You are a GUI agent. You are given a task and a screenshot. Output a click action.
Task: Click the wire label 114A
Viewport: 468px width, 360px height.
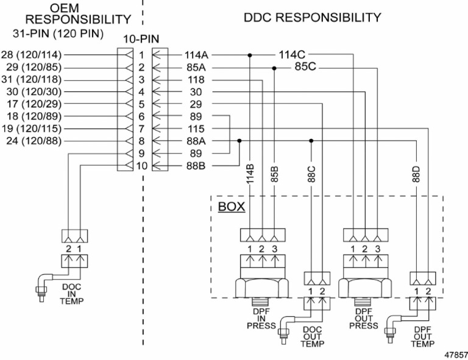[x=197, y=55]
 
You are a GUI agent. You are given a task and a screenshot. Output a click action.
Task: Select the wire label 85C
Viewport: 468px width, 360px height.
[x=305, y=66]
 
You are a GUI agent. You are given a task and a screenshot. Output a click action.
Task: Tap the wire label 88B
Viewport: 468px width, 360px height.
[x=197, y=165]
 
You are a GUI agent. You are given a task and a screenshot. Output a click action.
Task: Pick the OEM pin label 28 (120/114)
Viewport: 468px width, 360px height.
[x=30, y=55]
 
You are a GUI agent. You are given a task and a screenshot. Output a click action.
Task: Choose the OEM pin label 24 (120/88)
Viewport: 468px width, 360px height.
[x=32, y=141]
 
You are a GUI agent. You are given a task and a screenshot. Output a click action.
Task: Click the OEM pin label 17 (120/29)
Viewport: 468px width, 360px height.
[x=32, y=104]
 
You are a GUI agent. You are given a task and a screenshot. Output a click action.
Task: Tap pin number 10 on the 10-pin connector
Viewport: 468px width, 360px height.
[x=140, y=165]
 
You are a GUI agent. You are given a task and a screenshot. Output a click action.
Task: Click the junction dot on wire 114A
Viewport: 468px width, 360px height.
[x=250, y=55]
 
